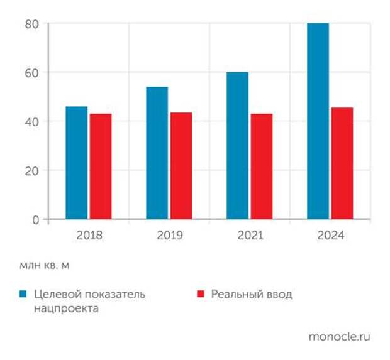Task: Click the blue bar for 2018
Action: tap(77, 163)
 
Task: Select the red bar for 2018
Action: tap(100, 166)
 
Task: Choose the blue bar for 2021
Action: tap(237, 146)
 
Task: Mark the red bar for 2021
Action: tap(261, 166)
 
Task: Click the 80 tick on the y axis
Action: tap(32, 24)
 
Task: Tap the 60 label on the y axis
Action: tap(32, 72)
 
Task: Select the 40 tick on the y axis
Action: tap(32, 121)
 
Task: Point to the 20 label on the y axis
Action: tap(32, 170)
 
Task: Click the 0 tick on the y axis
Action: tap(35, 219)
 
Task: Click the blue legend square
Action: tap(23, 294)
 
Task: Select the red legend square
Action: tap(201, 294)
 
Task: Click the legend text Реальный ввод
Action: tap(252, 294)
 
